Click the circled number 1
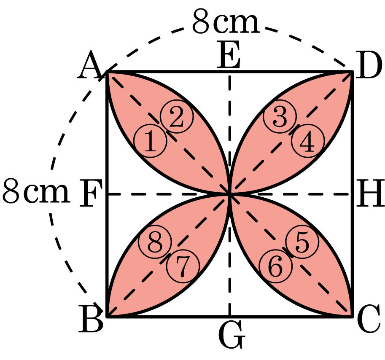(150, 141)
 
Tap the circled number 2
(177, 116)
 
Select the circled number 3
(280, 117)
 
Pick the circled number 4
(308, 141)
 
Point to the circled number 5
(302, 242)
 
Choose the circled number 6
(275, 266)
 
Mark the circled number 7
(183, 266)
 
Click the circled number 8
(155, 242)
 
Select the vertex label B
(91, 318)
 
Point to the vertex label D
(369, 65)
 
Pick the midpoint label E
(229, 54)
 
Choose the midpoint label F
(91, 193)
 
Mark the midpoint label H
(370, 193)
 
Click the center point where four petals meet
(229, 194)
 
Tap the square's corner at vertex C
(353, 317)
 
